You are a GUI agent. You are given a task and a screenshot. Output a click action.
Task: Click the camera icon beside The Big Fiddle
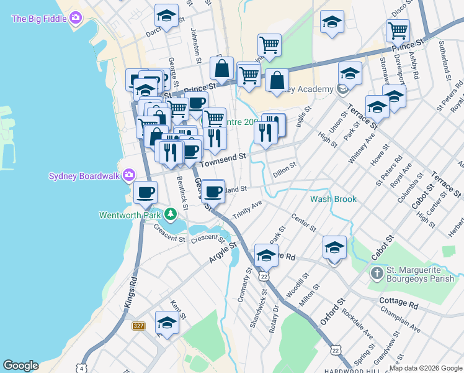point(76,19)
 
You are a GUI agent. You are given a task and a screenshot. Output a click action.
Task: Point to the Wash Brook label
point(334,199)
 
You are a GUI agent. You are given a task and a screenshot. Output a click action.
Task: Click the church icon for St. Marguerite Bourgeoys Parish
point(376,273)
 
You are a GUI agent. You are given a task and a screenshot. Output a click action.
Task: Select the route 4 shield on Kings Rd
point(81,368)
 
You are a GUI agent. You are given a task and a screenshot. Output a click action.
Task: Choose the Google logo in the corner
point(20,366)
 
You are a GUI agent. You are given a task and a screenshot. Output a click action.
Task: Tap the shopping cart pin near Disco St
point(398,30)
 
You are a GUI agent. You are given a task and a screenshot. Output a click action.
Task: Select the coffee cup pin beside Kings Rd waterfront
point(145,192)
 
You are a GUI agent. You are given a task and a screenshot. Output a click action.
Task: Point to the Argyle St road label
point(223,252)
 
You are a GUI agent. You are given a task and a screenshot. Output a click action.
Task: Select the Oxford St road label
point(331,313)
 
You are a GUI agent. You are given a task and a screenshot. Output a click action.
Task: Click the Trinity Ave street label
point(248,209)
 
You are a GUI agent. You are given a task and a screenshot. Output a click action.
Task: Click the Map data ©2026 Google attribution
point(426,368)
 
